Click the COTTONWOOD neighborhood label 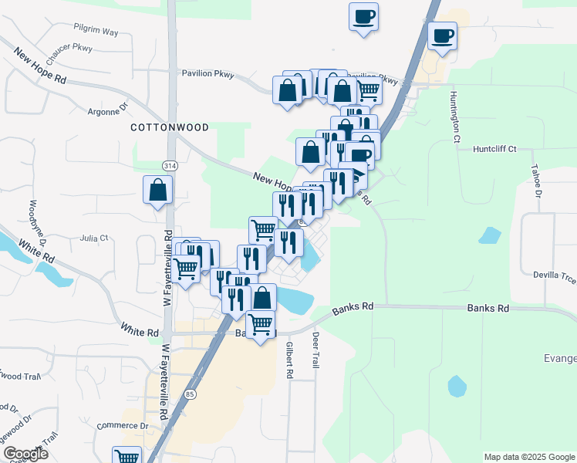(169, 127)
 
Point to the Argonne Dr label (107, 110)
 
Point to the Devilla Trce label (555, 274)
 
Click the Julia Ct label (94, 238)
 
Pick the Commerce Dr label (123, 425)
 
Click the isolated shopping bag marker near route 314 (157, 190)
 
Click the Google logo (25, 453)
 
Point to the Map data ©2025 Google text (529, 457)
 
